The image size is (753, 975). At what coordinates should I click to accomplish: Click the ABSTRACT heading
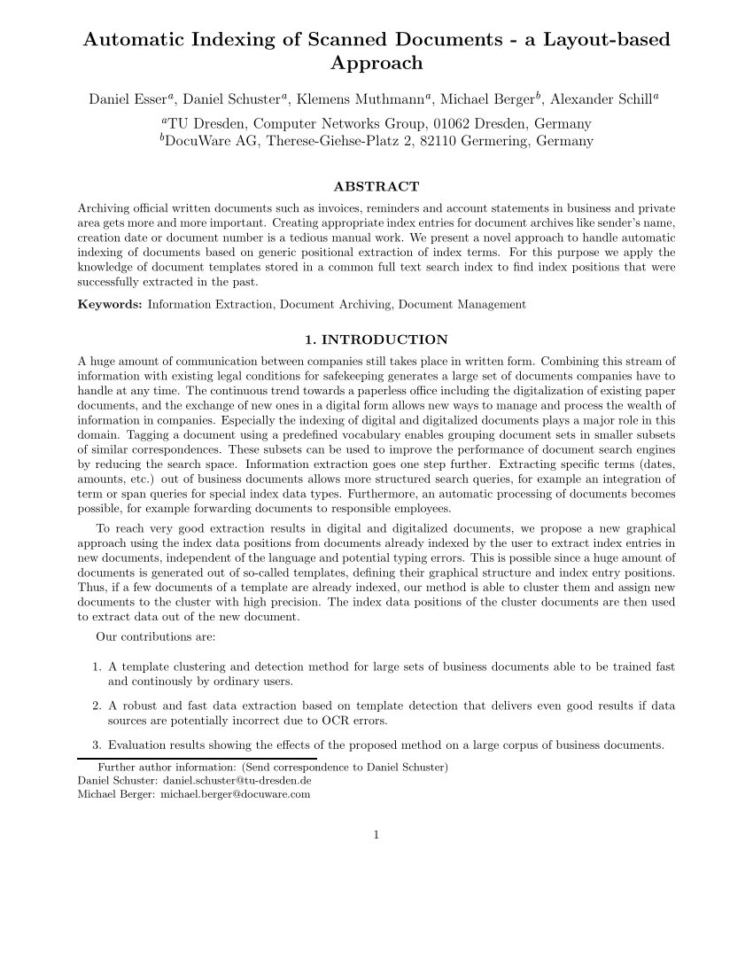point(376,186)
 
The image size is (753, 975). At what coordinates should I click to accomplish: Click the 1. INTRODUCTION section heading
point(376,339)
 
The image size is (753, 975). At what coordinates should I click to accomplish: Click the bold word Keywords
point(110,304)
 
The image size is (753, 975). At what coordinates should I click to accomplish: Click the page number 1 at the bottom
point(376,833)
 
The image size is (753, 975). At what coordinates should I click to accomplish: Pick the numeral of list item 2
point(96,706)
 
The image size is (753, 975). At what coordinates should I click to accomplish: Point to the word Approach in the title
point(376,64)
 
